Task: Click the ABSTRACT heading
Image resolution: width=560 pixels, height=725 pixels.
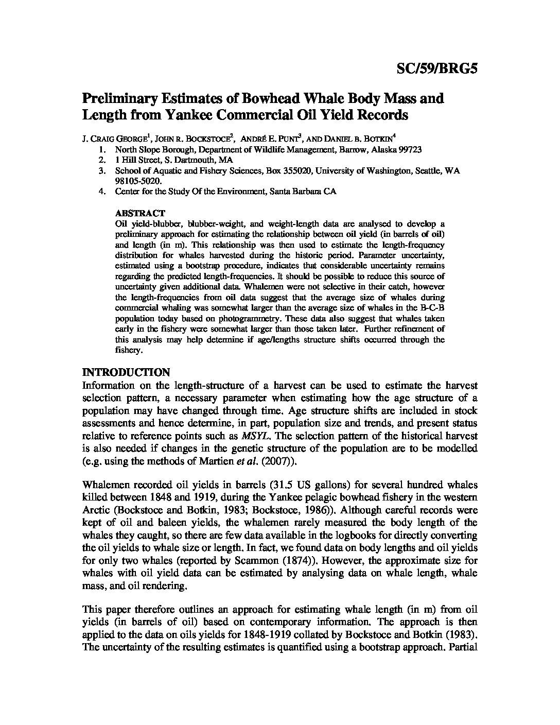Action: coord(140,213)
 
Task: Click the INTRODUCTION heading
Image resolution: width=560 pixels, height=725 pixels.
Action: coord(126,372)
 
